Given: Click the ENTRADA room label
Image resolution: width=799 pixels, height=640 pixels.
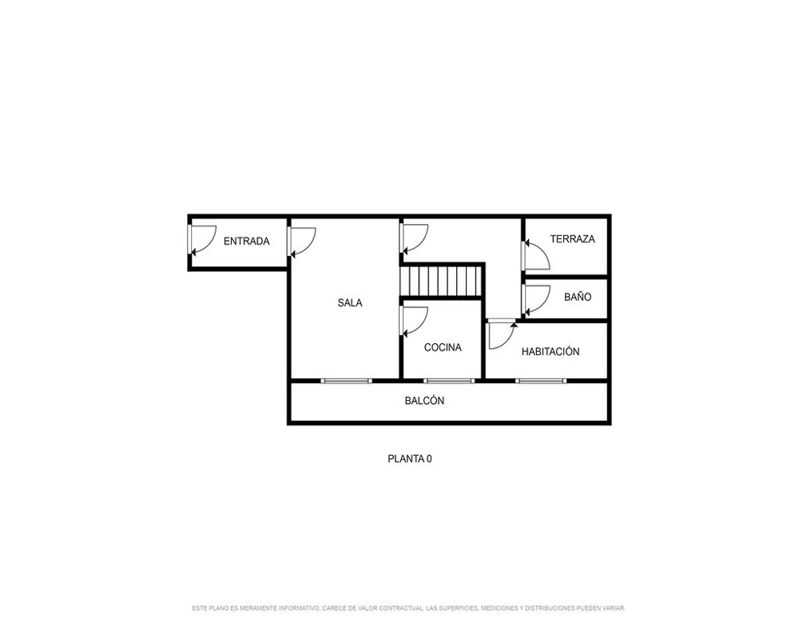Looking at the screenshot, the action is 247,241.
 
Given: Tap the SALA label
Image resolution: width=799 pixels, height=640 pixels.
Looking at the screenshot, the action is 350,302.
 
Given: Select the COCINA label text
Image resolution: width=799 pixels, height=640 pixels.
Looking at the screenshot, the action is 443,347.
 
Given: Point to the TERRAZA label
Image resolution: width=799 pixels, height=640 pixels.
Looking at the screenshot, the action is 572,239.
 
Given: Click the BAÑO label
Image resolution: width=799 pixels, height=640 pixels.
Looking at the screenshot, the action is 578,297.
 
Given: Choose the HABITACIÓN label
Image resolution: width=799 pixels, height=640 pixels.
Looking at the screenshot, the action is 551,351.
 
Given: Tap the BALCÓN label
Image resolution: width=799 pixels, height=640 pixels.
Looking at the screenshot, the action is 424,401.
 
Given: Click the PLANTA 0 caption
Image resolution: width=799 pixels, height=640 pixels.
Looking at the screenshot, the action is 410,459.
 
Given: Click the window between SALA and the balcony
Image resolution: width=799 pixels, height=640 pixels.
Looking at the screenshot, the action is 347,381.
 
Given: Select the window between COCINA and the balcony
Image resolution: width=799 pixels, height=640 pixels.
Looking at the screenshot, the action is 449,381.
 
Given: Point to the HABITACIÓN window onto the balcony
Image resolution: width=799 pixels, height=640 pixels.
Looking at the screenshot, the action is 541,381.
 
